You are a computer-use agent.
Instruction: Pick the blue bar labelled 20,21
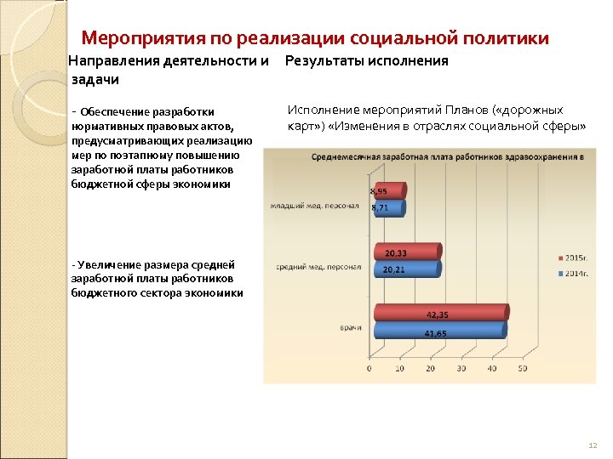click(405, 269)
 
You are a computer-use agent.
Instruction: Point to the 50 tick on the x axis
click(521, 369)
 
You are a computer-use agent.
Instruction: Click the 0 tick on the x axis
click(369, 369)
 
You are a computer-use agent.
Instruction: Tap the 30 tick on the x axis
click(461, 369)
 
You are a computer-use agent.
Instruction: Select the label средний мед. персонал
click(318, 268)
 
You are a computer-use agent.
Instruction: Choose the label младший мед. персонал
click(315, 206)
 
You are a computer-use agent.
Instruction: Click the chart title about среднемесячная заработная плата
click(447, 157)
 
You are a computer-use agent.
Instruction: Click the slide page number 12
click(593, 445)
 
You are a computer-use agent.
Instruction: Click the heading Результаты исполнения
click(366, 61)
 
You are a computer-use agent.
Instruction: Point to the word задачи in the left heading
click(94, 79)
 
